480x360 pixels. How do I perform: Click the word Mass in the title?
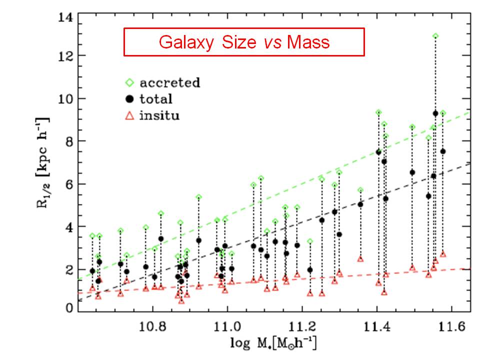308,42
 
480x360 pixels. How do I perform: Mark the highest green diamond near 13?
435,36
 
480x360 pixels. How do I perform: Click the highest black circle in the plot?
435,113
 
